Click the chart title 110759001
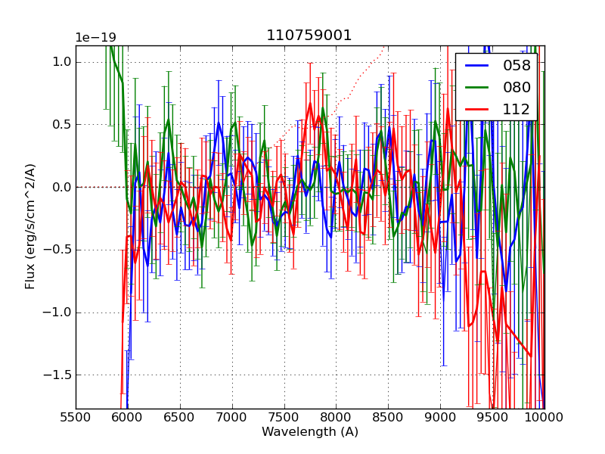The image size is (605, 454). [309, 36]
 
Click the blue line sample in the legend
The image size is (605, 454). [478, 66]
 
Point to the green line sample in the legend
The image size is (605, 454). [478, 87]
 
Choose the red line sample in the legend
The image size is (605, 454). [478, 109]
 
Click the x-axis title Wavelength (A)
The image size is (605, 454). [310, 432]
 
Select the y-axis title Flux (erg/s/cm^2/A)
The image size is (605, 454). [30, 226]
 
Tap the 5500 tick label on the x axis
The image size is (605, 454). [76, 417]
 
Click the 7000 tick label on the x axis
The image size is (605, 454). [231, 417]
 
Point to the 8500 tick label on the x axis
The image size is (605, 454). [388, 417]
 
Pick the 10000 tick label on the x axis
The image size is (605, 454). [544, 417]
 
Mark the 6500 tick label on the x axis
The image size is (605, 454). [180, 417]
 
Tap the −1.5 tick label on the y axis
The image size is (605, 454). [58, 375]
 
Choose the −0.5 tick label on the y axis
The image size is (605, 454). [58, 250]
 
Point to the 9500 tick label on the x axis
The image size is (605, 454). [492, 417]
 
